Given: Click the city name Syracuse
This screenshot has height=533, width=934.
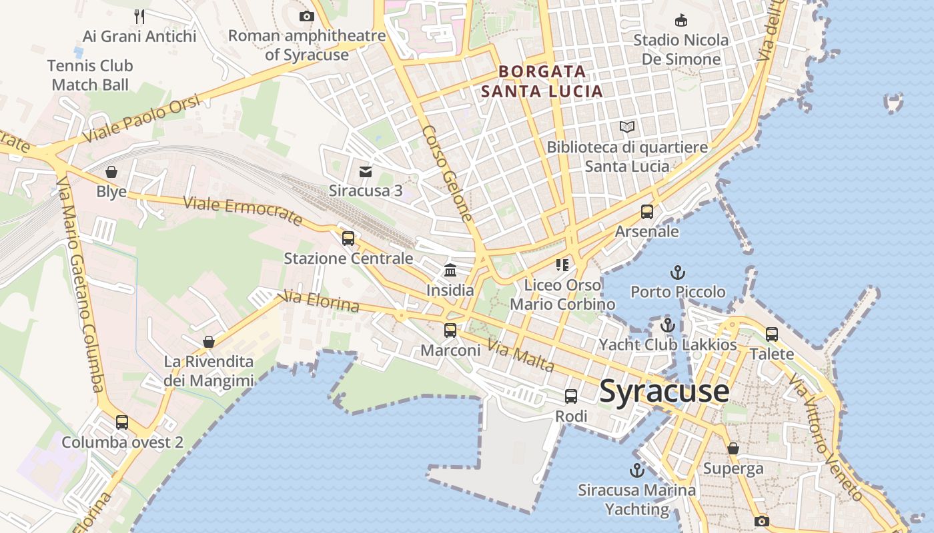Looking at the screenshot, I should pos(664,391).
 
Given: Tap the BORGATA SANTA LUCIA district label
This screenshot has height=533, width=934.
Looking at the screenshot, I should pos(542,81).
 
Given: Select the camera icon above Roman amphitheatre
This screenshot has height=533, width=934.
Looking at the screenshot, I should pos(306,16).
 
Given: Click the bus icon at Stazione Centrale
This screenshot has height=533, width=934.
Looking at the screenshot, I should pos(348,238).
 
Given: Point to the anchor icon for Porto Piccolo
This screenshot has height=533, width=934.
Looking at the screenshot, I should pos(678,272).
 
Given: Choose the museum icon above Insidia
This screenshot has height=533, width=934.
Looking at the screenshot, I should pos(450,270).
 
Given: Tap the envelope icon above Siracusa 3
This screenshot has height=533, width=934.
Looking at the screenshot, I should pos(366,171).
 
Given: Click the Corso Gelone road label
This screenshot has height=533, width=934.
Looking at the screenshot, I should pos(448,173).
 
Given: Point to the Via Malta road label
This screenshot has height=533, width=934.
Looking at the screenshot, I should pos(520,356).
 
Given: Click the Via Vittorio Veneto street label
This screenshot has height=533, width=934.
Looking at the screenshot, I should pos(825,436).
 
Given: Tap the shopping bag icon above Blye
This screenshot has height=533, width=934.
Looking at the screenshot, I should pos(111,172).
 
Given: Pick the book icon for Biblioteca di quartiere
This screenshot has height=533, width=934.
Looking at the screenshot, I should pos(626,127).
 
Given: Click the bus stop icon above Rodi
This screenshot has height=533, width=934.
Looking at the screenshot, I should pos(571,396).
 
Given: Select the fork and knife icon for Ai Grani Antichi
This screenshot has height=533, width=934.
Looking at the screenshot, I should pos(139,16).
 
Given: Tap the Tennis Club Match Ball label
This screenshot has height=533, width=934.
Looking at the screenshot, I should pos(90,75).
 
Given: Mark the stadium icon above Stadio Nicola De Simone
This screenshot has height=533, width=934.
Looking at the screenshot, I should pos(680,20).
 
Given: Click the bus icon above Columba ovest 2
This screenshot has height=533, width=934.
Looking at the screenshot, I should pos(122,422).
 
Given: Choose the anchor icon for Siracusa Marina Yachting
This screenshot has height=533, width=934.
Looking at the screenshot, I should pos(636,470).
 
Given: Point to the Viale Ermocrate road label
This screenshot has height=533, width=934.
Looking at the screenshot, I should pos(243,210).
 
